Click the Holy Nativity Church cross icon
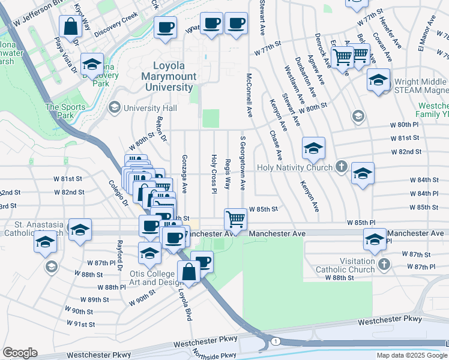point(341,167)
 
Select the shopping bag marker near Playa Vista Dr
point(71,27)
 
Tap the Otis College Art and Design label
point(155,278)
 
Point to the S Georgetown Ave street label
point(243,163)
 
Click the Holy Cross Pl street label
point(214,174)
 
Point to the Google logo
point(20,353)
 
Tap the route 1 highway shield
point(274,341)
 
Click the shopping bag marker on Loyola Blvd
point(188,272)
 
